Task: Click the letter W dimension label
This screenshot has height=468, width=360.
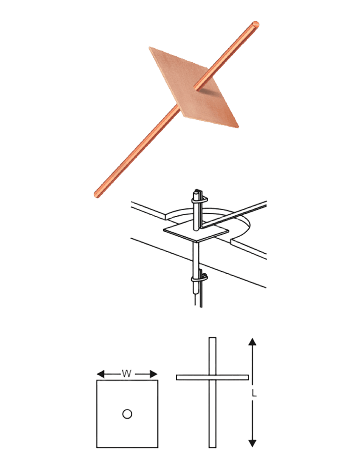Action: coord(126,373)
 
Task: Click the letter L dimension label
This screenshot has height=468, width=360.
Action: coord(254,394)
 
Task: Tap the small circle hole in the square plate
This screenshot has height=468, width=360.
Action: coord(127,414)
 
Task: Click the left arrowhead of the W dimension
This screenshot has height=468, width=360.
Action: coord(101,374)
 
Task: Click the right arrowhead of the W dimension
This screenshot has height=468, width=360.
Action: coord(153,374)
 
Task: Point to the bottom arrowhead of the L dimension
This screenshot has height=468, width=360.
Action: coord(252,443)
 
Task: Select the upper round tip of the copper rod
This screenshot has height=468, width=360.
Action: coord(255,25)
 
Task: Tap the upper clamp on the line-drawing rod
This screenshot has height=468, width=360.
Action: coord(199,199)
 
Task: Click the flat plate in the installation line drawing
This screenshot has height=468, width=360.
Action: coord(196,234)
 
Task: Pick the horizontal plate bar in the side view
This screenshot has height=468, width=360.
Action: coord(212,378)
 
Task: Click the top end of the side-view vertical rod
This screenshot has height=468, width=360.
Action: coord(212,338)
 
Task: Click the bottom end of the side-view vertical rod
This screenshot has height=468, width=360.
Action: coord(212,447)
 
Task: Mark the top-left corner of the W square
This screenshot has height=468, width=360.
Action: coord(97,380)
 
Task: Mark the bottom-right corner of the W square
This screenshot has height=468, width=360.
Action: coord(158,448)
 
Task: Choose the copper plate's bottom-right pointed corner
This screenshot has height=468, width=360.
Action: coord(238,127)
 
